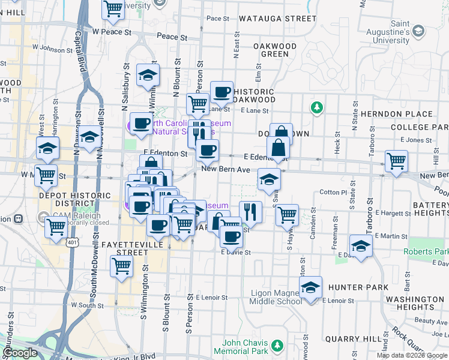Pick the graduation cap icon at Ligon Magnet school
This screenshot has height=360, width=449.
(x=310, y=287)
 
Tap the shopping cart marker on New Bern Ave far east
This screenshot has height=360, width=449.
(x=396, y=161)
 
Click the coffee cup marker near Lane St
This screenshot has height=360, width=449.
(x=221, y=92)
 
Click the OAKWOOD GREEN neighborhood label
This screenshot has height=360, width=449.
(x=275, y=50)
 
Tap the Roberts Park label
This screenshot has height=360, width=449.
(x=426, y=251)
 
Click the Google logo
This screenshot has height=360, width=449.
(x=19, y=353)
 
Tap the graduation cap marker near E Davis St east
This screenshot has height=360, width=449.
(x=361, y=246)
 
